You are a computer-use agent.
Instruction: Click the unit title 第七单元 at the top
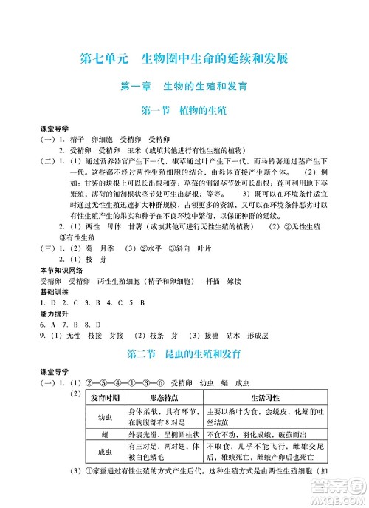pos(102,58)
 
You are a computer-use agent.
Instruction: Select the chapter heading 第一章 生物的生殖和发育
pos(184,87)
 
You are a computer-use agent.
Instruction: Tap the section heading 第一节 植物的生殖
pos(184,112)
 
